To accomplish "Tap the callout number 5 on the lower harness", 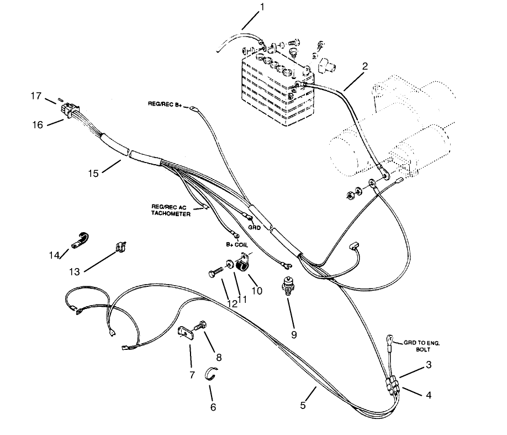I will (x=303, y=405).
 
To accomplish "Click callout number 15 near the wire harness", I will (x=93, y=174).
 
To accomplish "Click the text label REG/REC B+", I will (x=164, y=103).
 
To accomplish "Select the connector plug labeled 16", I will (x=70, y=111).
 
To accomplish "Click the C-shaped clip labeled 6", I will (x=210, y=374).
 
